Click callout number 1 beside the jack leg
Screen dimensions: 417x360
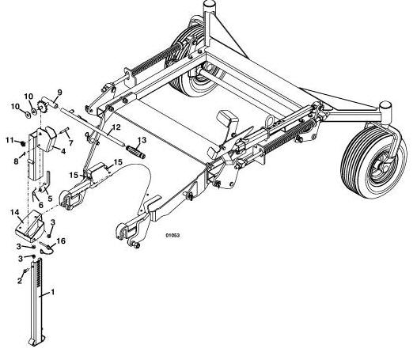(x=53, y=292)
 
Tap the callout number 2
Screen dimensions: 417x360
(x=20, y=281)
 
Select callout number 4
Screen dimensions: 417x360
(x=63, y=151)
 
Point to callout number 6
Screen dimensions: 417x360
(x=40, y=205)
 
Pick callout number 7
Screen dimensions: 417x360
(x=70, y=143)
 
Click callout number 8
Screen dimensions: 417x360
(x=17, y=161)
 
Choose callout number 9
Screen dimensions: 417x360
(x=59, y=93)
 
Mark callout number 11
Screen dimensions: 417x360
(x=9, y=140)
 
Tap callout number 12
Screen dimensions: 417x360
(x=116, y=127)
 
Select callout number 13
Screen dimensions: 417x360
(x=142, y=140)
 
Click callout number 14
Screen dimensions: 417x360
(x=14, y=212)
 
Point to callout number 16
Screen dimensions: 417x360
(x=61, y=241)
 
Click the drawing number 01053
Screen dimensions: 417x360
(x=172, y=235)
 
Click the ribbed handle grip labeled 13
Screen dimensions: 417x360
(x=135, y=151)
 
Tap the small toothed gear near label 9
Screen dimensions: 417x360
(x=41, y=108)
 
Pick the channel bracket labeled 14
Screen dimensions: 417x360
(x=29, y=225)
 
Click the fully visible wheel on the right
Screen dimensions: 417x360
(x=373, y=162)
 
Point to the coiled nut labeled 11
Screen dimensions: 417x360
(x=23, y=143)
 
